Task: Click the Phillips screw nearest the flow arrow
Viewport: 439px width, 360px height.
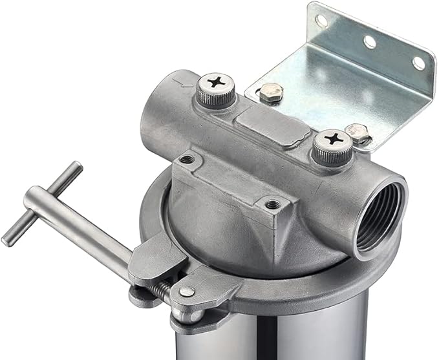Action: click(x=215, y=83)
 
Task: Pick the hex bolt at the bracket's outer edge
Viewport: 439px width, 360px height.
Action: click(x=356, y=132)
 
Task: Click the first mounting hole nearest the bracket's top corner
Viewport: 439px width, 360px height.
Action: click(x=321, y=21)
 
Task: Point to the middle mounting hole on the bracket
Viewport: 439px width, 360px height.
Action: click(x=370, y=42)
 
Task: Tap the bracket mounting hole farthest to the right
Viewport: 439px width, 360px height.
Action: click(x=418, y=63)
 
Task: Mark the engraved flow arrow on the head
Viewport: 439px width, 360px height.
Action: click(x=184, y=83)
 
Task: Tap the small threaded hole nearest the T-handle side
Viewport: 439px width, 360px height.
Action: click(x=187, y=159)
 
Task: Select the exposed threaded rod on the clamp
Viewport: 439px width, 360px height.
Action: click(x=162, y=291)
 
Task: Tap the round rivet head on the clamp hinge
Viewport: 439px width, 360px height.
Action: click(x=186, y=291)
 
